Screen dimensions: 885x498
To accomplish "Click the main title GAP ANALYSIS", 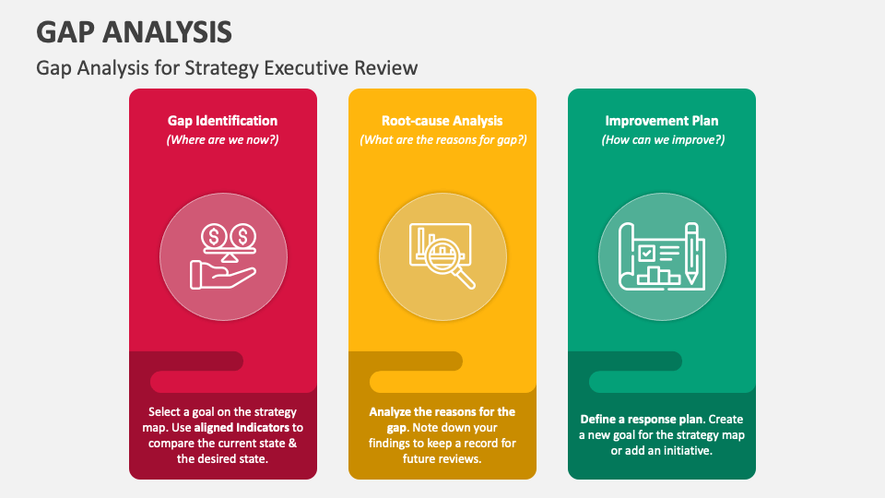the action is pos(134,32).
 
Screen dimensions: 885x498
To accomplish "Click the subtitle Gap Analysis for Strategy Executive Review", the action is pos(227,68).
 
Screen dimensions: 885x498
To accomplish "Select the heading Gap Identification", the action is pos(222,121).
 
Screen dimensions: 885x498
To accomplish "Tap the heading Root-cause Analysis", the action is pos(442,121).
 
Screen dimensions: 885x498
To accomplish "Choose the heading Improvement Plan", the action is pos(662,121).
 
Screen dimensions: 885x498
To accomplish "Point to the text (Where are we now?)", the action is pos(222,140).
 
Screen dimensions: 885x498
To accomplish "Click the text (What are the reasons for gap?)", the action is pos(443,140).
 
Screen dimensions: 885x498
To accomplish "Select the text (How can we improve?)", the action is pos(663,140).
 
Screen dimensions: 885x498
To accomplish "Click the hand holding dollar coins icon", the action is pos(223,256).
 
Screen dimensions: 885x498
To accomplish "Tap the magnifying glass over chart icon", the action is pos(442,256).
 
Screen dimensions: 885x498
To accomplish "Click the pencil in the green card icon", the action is pos(692,254).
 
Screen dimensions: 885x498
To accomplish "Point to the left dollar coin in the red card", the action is pos(214,236).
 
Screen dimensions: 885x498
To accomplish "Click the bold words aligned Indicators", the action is pos(242,428).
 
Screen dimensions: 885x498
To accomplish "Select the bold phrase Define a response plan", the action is pos(642,420).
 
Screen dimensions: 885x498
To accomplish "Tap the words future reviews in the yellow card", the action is pos(442,459).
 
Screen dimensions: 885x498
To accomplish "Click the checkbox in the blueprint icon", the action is pos(647,253).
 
